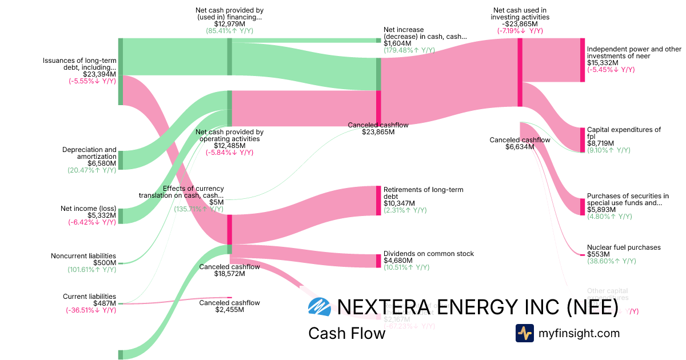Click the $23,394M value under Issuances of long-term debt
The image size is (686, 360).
[x=99, y=74]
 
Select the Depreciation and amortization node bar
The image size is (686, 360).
[x=121, y=161]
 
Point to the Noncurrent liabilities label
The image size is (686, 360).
[x=83, y=256]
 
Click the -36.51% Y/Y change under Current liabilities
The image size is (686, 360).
[x=91, y=310]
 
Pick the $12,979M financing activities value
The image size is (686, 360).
[x=229, y=24]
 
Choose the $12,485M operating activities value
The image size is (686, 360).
[x=229, y=146]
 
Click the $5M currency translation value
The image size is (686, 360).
[x=217, y=202]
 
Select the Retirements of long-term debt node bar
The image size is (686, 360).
[x=378, y=201]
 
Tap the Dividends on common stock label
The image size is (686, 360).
[x=428, y=254]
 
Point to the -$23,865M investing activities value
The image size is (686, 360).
[x=520, y=24]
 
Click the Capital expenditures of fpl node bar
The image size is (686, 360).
[x=583, y=139]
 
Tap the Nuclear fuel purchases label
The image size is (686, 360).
[x=624, y=247]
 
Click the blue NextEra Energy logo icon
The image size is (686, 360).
[x=319, y=307]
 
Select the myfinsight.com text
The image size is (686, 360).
[x=579, y=333]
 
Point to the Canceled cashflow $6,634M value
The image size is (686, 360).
[x=520, y=147]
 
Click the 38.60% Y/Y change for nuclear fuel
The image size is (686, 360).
[x=611, y=261]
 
